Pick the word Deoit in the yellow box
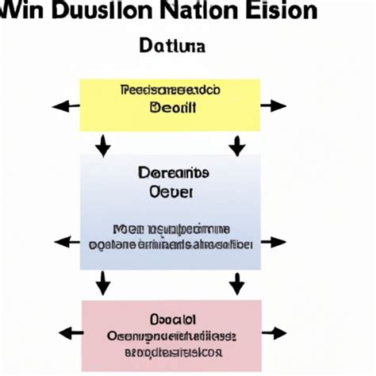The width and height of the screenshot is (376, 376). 169,106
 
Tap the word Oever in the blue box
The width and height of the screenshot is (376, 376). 171,191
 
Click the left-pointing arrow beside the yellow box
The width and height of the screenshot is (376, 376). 66,106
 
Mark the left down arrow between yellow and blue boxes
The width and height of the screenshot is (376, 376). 102,145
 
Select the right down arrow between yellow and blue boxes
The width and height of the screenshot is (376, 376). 236,145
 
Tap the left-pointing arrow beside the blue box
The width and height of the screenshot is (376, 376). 66,241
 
